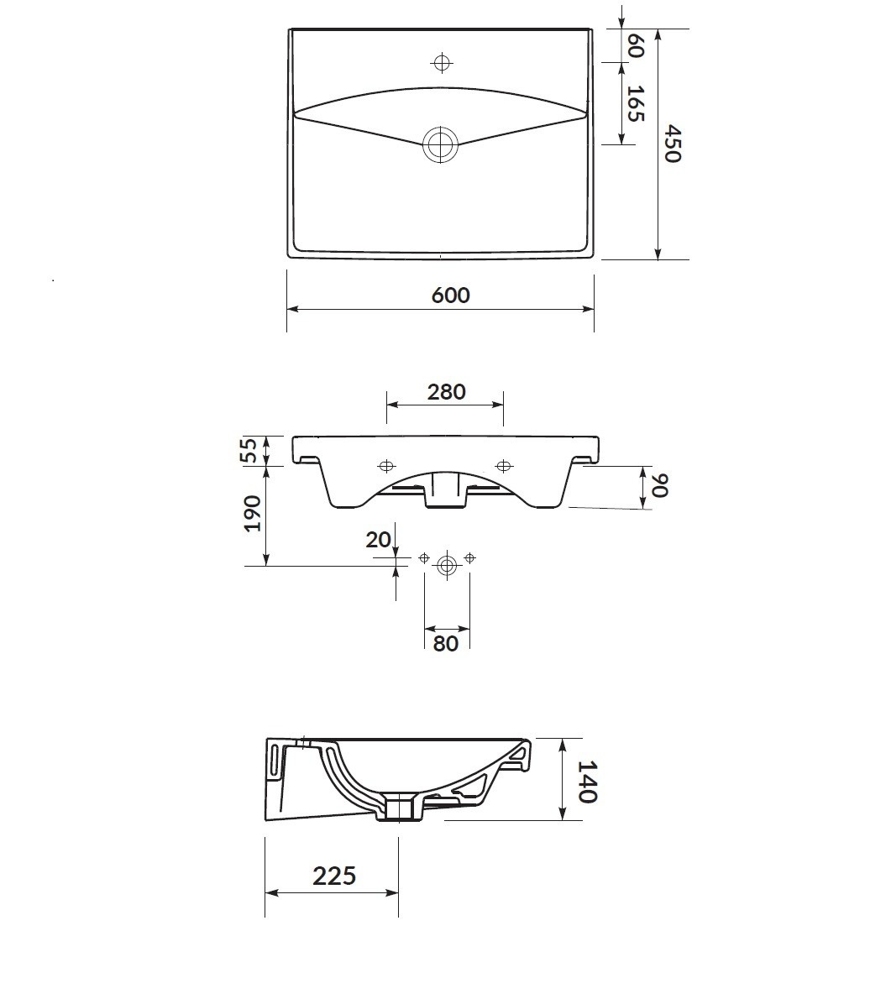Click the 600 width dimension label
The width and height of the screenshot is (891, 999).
450,295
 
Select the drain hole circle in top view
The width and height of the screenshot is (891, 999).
441,144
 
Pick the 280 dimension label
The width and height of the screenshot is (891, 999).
446,391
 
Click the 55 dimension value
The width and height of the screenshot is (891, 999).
249,451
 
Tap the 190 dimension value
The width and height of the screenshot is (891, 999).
252,512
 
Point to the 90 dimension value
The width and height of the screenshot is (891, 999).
659,485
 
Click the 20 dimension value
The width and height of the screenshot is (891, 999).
379,540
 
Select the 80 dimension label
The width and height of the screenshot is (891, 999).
446,643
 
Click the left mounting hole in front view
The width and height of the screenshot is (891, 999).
386,466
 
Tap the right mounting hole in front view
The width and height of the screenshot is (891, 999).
504,466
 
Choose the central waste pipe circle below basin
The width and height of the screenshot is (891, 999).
447,565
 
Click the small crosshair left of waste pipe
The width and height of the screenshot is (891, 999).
424,557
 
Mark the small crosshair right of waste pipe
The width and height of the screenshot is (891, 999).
469,557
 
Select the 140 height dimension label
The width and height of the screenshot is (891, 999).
587,781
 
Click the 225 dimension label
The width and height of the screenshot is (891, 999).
334,876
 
